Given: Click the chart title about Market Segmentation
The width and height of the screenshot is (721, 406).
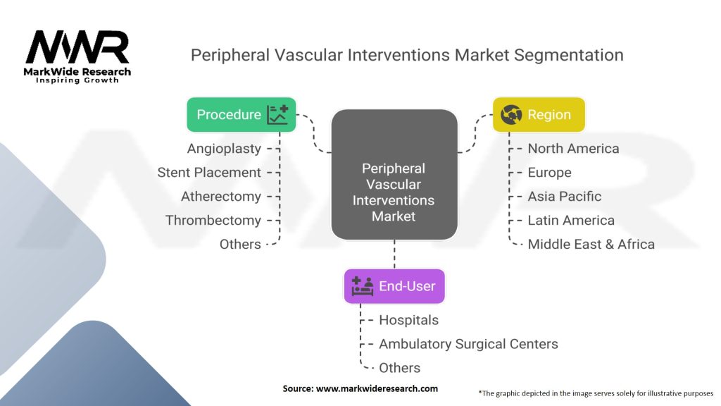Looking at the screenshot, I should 407,55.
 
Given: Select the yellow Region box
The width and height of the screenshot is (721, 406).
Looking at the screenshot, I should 538,114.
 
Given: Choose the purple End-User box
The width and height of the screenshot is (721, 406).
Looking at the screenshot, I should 394,286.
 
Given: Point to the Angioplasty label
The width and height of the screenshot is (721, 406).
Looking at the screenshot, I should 224,149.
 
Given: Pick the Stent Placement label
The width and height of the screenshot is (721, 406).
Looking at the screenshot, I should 209,173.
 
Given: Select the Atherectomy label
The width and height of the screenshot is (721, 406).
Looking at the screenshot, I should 220,197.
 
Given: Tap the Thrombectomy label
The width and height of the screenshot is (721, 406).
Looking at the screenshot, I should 213,221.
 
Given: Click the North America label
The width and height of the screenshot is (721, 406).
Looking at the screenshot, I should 573,149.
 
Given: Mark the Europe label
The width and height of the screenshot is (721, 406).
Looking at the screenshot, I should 549,173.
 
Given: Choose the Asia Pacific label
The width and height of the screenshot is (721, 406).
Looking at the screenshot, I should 565,197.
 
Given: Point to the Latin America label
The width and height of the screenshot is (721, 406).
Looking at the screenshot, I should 571,221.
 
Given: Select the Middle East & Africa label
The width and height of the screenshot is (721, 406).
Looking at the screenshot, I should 591,245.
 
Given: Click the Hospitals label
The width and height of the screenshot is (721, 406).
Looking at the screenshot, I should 408,320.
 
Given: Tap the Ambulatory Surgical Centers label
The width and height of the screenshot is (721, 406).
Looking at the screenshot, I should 468,344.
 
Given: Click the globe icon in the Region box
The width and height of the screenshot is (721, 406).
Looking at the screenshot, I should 511,114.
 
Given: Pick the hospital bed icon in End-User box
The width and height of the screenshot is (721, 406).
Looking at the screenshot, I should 363,286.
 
